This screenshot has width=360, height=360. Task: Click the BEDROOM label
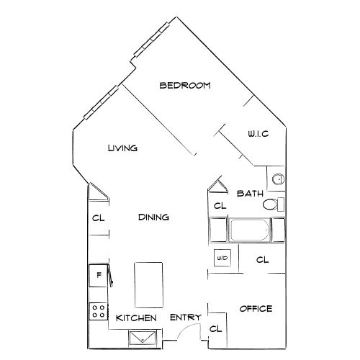point(185,86)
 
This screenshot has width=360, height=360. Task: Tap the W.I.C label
point(258,134)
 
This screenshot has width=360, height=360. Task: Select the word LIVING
point(122,148)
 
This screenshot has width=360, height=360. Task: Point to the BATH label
point(250,193)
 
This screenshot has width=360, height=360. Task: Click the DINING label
point(153,217)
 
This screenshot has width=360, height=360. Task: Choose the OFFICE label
point(256,309)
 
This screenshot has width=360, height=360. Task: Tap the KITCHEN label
point(137,318)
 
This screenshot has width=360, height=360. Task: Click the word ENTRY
point(185,318)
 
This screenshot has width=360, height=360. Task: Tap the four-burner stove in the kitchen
point(97,312)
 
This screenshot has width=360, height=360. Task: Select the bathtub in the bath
point(249,232)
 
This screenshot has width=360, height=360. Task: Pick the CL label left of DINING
point(97,217)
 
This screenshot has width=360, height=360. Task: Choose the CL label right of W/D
point(262,259)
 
